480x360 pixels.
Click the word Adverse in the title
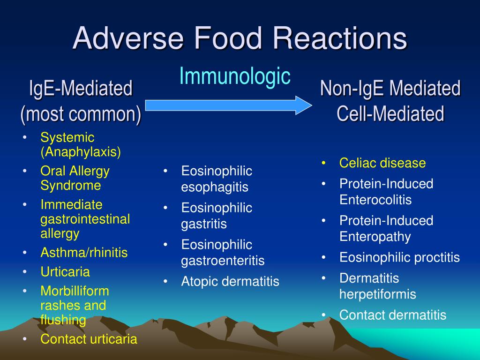[x=128, y=38]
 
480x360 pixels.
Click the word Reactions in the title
[x=340, y=38]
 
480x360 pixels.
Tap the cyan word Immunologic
[x=235, y=76]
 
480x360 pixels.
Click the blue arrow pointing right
[x=228, y=105]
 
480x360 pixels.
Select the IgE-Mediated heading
[x=81, y=88]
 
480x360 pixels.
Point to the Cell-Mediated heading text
[x=390, y=113]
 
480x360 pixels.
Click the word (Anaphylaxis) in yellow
[x=81, y=152]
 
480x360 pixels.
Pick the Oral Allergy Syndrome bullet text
[x=75, y=178]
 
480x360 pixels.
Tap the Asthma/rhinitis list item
[x=84, y=253]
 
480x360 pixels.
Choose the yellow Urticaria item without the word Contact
[x=65, y=272]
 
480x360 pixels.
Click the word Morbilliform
[x=75, y=291]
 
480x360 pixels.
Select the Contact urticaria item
[x=89, y=339]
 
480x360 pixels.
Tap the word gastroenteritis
[x=223, y=261]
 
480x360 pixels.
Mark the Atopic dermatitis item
[x=230, y=281]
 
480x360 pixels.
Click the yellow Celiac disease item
[x=382, y=163]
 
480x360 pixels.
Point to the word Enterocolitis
[x=375, y=200]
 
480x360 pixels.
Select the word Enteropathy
[x=375, y=237]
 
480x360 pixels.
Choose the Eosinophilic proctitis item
[x=400, y=257]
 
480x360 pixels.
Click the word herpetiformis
[x=378, y=294]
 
